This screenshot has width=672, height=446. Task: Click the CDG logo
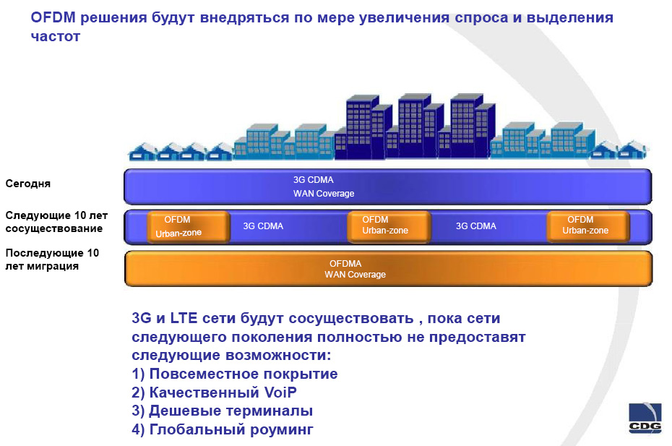[x=645, y=418]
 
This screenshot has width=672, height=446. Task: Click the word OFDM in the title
[x=53, y=17]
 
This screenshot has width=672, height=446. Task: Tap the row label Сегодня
[x=28, y=184]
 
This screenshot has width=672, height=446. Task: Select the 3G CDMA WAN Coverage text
[x=324, y=186]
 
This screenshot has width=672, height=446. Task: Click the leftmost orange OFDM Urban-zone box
[x=188, y=226]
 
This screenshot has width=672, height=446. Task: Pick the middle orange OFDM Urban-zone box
[x=389, y=226]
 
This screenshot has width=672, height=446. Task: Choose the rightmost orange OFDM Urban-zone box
[x=588, y=226]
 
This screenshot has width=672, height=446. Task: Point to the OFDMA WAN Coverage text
[x=355, y=269]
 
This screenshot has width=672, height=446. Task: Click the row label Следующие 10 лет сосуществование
[x=56, y=222]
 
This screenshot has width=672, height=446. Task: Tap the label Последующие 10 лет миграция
[x=52, y=259]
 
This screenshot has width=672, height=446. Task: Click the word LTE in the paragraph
[x=184, y=318]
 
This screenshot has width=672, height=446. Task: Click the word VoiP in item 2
[x=280, y=393]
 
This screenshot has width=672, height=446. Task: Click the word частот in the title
[x=56, y=36]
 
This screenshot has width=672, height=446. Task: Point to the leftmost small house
[x=143, y=152]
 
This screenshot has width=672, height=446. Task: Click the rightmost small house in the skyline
[x=633, y=150]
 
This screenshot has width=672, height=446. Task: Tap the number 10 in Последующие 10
[x=93, y=253]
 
